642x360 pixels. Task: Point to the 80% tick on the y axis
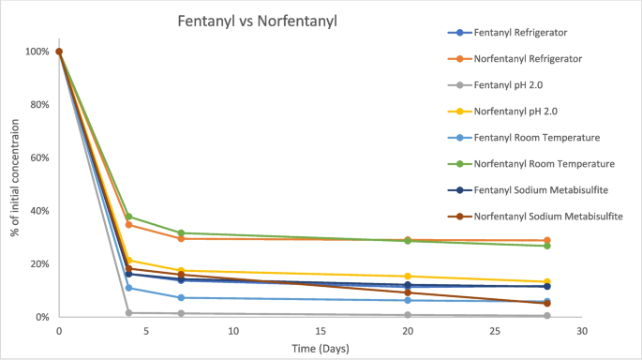click(38, 105)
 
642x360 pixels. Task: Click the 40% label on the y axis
click(38, 211)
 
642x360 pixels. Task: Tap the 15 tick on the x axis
click(321, 331)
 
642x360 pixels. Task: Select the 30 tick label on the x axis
click(582, 331)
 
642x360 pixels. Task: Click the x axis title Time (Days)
click(321, 348)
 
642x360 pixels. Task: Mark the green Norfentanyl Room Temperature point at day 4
click(128, 217)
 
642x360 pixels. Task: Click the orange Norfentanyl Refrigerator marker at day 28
click(547, 240)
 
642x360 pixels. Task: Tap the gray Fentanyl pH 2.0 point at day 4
click(128, 312)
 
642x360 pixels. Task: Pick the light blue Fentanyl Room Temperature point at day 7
click(181, 298)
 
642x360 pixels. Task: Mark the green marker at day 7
click(181, 232)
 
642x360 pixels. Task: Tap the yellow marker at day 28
click(547, 282)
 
